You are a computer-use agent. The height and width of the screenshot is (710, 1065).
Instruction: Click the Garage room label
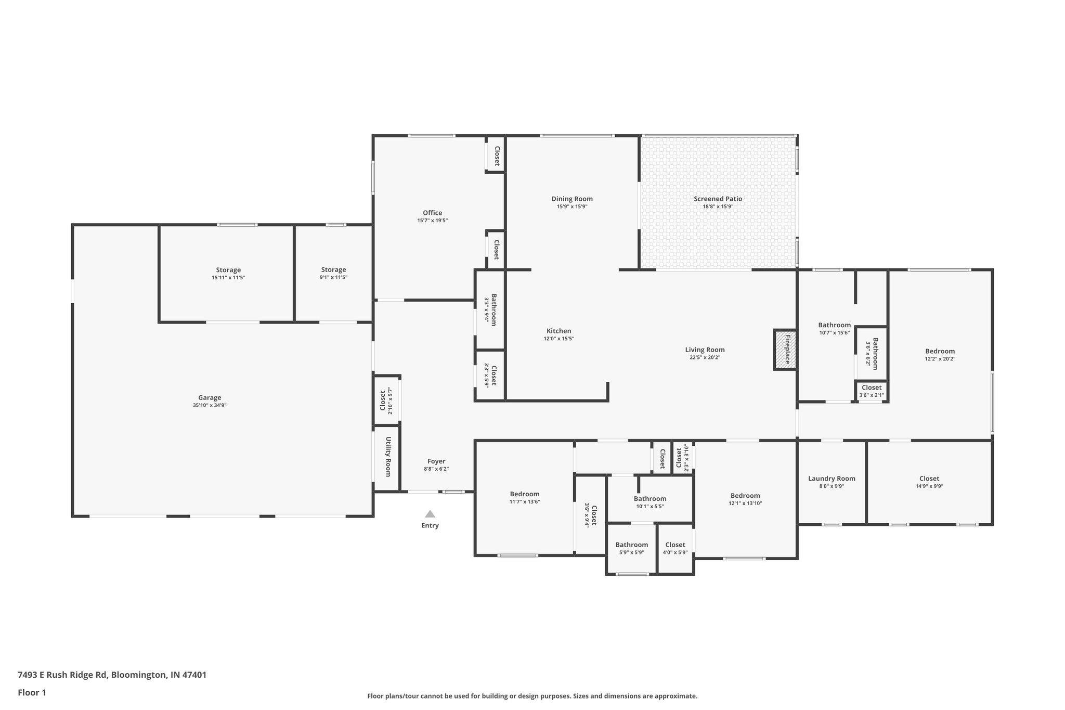(210, 398)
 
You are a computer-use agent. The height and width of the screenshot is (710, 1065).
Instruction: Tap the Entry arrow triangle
(430, 514)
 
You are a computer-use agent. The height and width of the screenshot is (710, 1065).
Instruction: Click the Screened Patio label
(718, 199)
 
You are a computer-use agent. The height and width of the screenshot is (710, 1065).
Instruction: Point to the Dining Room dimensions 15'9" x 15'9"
(572, 206)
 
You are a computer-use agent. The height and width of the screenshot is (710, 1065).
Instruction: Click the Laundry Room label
(832, 479)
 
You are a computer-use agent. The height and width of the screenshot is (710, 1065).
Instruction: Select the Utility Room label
(388, 457)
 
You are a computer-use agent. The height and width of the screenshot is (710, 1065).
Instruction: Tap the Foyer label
(436, 461)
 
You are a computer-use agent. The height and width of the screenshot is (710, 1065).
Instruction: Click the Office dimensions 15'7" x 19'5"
(432, 221)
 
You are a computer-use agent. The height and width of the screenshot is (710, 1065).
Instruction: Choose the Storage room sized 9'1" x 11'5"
(333, 269)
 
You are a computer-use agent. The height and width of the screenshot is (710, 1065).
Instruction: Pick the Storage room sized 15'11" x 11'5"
(228, 270)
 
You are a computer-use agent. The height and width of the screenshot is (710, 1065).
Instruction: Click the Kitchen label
(559, 331)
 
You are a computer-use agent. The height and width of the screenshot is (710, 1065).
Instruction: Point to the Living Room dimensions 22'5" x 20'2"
(705, 357)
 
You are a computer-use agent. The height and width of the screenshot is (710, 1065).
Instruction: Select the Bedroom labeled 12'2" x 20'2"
(940, 351)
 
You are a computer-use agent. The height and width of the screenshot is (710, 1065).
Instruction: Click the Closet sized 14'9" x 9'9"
(929, 479)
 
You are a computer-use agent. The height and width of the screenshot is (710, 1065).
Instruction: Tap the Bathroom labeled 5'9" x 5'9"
(631, 545)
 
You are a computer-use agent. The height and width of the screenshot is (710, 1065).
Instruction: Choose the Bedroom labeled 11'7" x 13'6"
(524, 494)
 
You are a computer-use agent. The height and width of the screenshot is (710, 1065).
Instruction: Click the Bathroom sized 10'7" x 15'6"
(834, 325)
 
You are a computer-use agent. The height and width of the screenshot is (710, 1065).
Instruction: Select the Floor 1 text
(32, 692)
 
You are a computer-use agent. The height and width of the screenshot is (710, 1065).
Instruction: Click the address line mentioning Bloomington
(112, 675)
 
